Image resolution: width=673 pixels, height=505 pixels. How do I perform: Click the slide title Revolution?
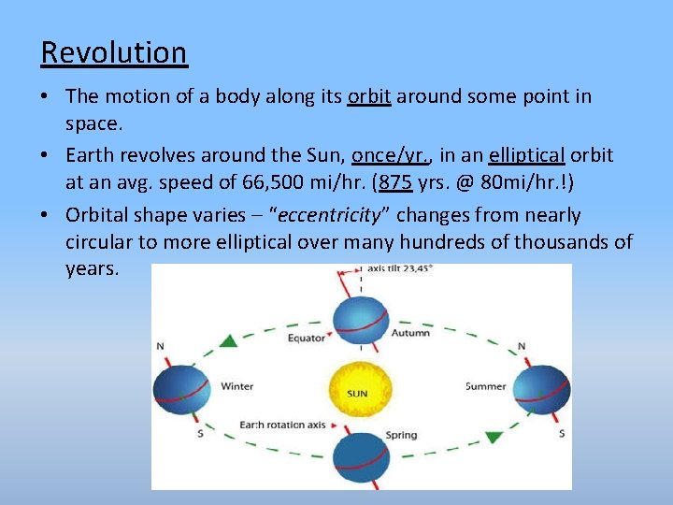113,52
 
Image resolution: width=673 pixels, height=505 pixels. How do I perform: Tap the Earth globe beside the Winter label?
183,384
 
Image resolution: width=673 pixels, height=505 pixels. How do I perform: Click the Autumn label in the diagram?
411,332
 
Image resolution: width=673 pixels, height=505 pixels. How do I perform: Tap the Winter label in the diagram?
236,385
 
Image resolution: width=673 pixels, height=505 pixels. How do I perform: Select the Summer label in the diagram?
485,385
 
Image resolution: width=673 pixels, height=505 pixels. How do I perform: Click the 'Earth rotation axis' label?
281,425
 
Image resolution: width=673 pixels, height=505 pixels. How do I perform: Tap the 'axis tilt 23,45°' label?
399,268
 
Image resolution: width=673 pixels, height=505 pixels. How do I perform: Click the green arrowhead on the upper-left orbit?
227,340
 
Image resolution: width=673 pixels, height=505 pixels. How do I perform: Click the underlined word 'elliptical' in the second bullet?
525,154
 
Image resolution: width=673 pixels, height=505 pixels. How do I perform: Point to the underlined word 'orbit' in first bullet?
368,96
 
